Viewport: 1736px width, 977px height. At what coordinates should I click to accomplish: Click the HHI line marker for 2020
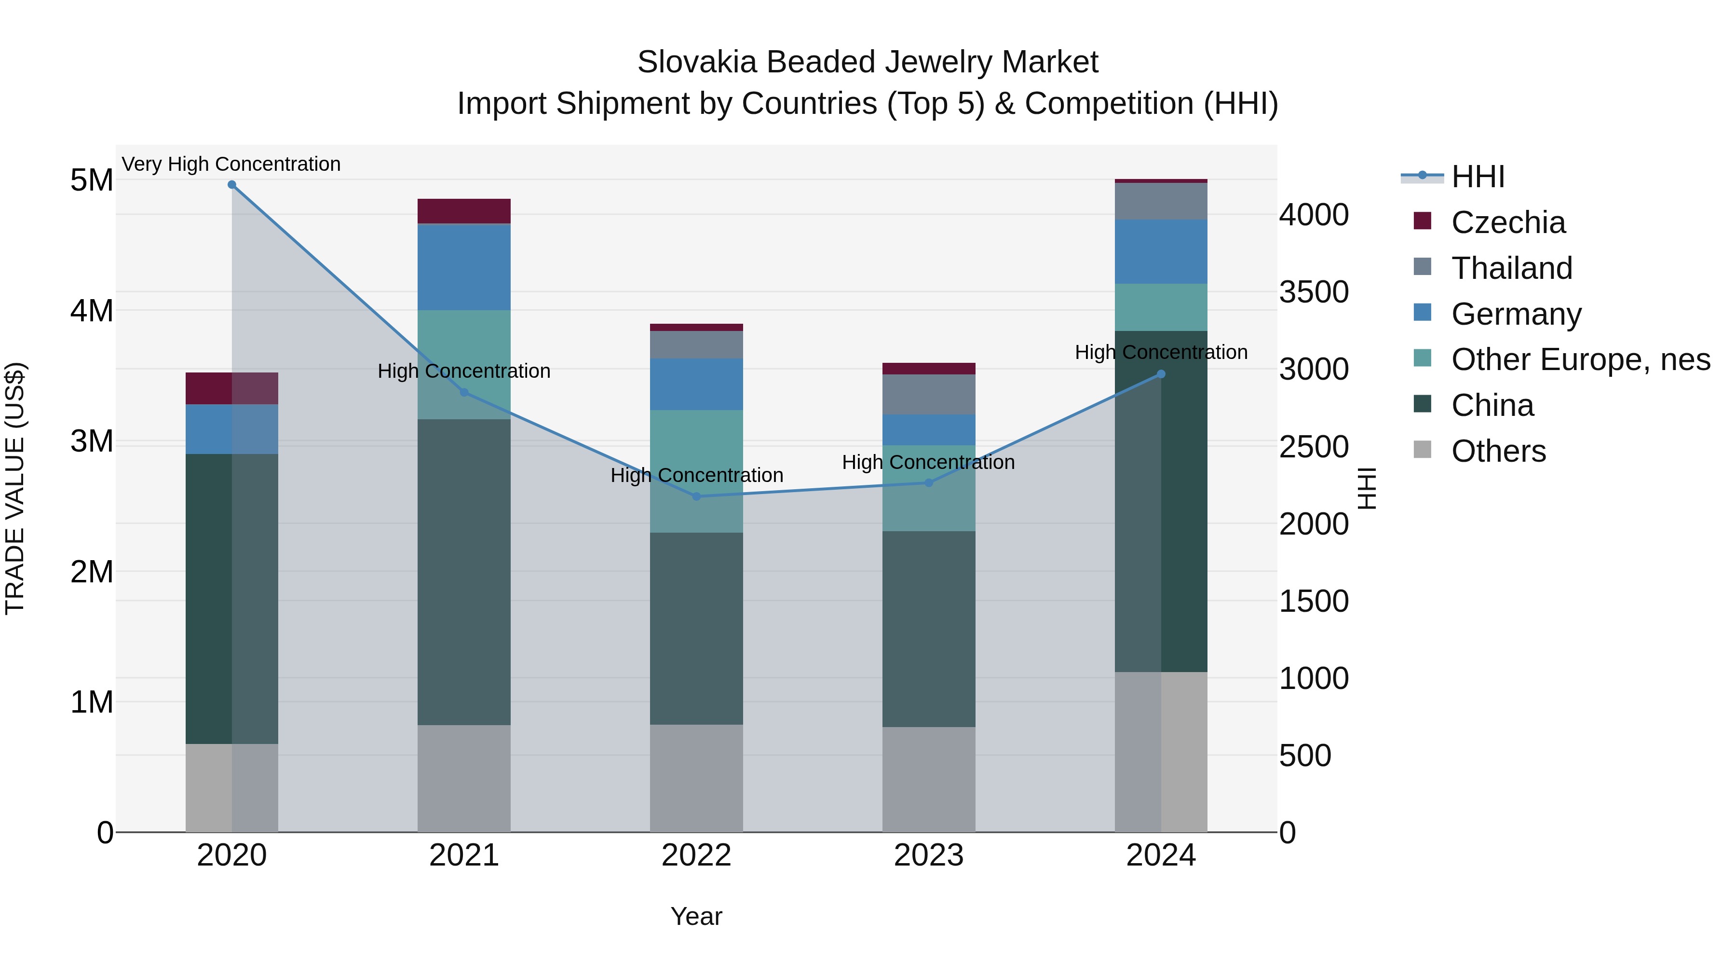pyautogui.click(x=232, y=184)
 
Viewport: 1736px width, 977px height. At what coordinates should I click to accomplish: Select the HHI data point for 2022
pyautogui.click(x=697, y=496)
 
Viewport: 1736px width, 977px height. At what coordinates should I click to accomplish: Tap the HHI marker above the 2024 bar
pyautogui.click(x=1161, y=374)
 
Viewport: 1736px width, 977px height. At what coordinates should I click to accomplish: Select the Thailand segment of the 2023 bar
pyautogui.click(x=929, y=395)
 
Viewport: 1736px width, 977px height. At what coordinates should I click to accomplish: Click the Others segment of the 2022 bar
pyautogui.click(x=696, y=778)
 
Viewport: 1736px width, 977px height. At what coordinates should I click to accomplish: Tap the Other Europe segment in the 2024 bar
pyautogui.click(x=1161, y=307)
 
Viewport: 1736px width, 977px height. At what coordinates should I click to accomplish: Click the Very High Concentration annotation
pyautogui.click(x=231, y=164)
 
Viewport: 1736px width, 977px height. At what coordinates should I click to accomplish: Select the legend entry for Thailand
pyautogui.click(x=1512, y=268)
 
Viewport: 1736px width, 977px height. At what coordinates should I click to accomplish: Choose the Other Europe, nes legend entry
pyautogui.click(x=1580, y=359)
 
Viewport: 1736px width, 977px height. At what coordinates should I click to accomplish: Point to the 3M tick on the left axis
pyautogui.click(x=92, y=441)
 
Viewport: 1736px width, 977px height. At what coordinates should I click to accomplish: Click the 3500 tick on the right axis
pyautogui.click(x=1314, y=292)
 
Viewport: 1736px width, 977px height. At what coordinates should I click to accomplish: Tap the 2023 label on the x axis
pyautogui.click(x=929, y=855)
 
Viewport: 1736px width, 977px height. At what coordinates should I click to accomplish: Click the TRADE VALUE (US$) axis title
pyautogui.click(x=15, y=488)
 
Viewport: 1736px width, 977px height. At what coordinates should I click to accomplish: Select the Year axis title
pyautogui.click(x=696, y=916)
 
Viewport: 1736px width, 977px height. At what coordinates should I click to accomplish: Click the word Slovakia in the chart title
pyautogui.click(x=697, y=62)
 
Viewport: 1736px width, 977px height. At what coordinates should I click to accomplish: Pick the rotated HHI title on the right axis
pyautogui.click(x=1366, y=488)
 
